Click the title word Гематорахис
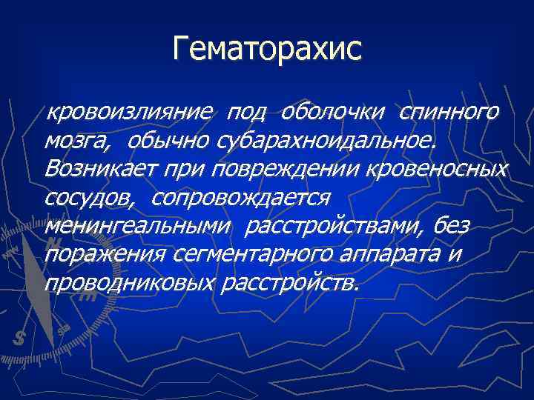(x=267, y=50)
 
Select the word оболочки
(x=333, y=113)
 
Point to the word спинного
(x=448, y=113)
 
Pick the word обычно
(x=168, y=141)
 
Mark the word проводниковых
(x=129, y=283)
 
